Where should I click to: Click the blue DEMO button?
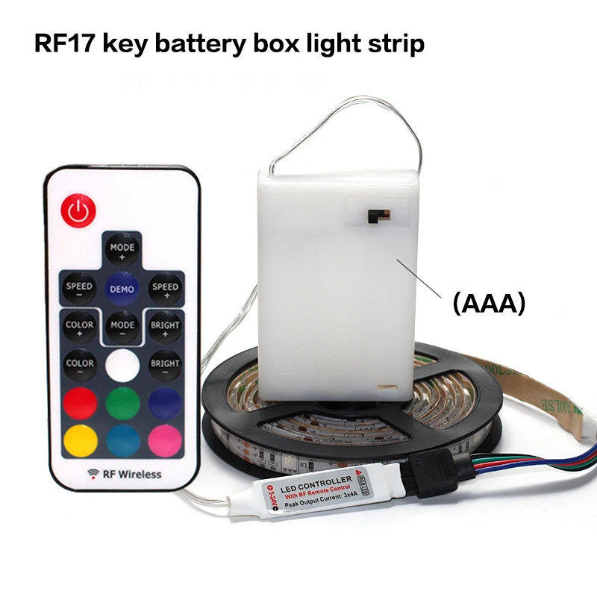(122, 288)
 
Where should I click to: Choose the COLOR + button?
(79, 328)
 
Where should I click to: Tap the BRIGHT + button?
(165, 328)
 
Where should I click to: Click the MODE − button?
(122, 328)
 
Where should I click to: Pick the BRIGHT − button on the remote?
(165, 366)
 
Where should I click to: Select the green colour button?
(122, 404)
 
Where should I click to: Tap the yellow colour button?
(79, 441)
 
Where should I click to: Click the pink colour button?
(165, 441)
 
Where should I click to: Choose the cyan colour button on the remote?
(122, 441)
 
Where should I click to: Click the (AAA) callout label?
(489, 303)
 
